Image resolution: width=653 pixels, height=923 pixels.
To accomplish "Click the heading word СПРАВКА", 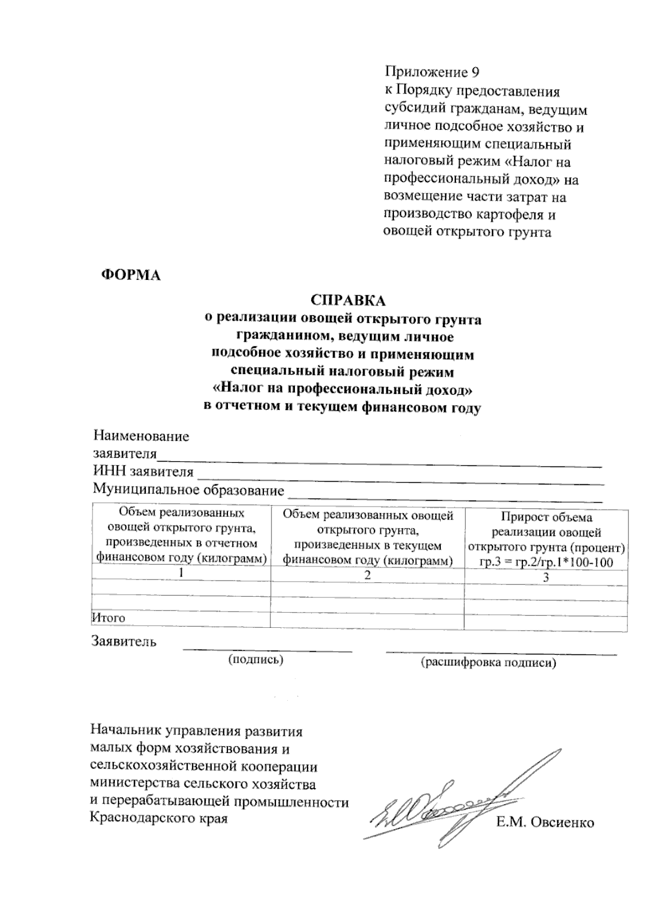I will tap(348, 301).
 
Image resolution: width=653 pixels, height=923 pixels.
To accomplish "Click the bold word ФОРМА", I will tap(132, 275).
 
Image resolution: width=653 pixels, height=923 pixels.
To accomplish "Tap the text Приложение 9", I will tap(432, 72).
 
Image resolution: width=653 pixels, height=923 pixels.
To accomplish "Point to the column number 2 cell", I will tap(367, 575).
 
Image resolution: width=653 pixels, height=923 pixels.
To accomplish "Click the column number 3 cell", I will tap(546, 577).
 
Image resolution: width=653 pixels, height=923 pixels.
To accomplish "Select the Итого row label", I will tap(108, 618).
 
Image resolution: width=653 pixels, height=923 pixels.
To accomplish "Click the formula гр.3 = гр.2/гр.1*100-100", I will tap(546, 563).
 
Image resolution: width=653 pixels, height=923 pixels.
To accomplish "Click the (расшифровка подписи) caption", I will tap(488, 663).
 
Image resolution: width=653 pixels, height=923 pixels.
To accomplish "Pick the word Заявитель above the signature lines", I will tap(125, 642).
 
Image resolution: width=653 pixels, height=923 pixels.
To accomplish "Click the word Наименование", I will tap(141, 436).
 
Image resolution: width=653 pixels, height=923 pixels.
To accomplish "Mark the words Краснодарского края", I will tap(158, 818).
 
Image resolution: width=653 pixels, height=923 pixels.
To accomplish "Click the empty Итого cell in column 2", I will tap(367, 620).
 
